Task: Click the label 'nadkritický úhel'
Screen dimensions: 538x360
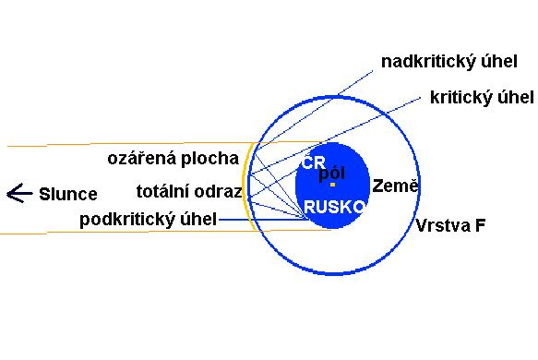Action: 449,62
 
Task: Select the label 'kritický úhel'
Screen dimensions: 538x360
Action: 482,98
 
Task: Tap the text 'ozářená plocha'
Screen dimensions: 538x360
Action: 173,159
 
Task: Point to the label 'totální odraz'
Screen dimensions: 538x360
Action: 189,191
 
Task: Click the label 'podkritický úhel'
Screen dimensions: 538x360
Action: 149,220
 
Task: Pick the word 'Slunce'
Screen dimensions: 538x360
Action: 68,194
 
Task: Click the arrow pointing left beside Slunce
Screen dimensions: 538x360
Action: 19,193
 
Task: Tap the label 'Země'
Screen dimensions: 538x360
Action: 395,186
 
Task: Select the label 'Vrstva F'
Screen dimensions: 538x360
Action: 450,226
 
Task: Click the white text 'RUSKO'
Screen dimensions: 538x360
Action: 333,208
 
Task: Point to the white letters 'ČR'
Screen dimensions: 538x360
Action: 313,162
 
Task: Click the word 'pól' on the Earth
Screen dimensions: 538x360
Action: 332,174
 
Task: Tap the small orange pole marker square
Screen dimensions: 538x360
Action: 332,185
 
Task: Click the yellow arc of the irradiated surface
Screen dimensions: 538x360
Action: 245,186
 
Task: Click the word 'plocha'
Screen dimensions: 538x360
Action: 209,159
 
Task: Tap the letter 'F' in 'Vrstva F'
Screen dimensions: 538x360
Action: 480,226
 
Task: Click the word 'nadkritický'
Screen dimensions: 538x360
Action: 426,62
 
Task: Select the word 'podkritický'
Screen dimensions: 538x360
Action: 126,220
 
